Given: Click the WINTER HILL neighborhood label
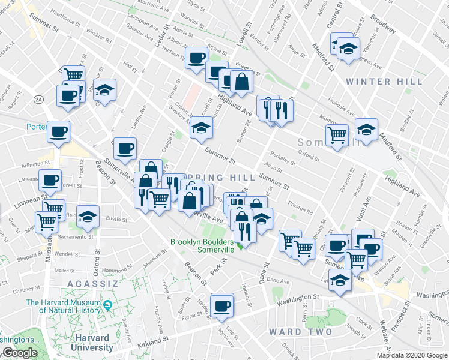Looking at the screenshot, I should [385, 82].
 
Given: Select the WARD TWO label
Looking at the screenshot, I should [300, 332].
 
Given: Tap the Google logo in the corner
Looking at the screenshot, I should [19, 353].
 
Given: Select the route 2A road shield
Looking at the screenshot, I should [39, 100].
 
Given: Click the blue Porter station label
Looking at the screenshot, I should [36, 127].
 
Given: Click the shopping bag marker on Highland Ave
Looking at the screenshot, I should [241, 82].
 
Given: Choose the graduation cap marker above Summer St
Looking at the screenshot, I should [201, 127].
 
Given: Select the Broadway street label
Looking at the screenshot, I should [382, 22].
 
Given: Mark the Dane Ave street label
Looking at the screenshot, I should [278, 280].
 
